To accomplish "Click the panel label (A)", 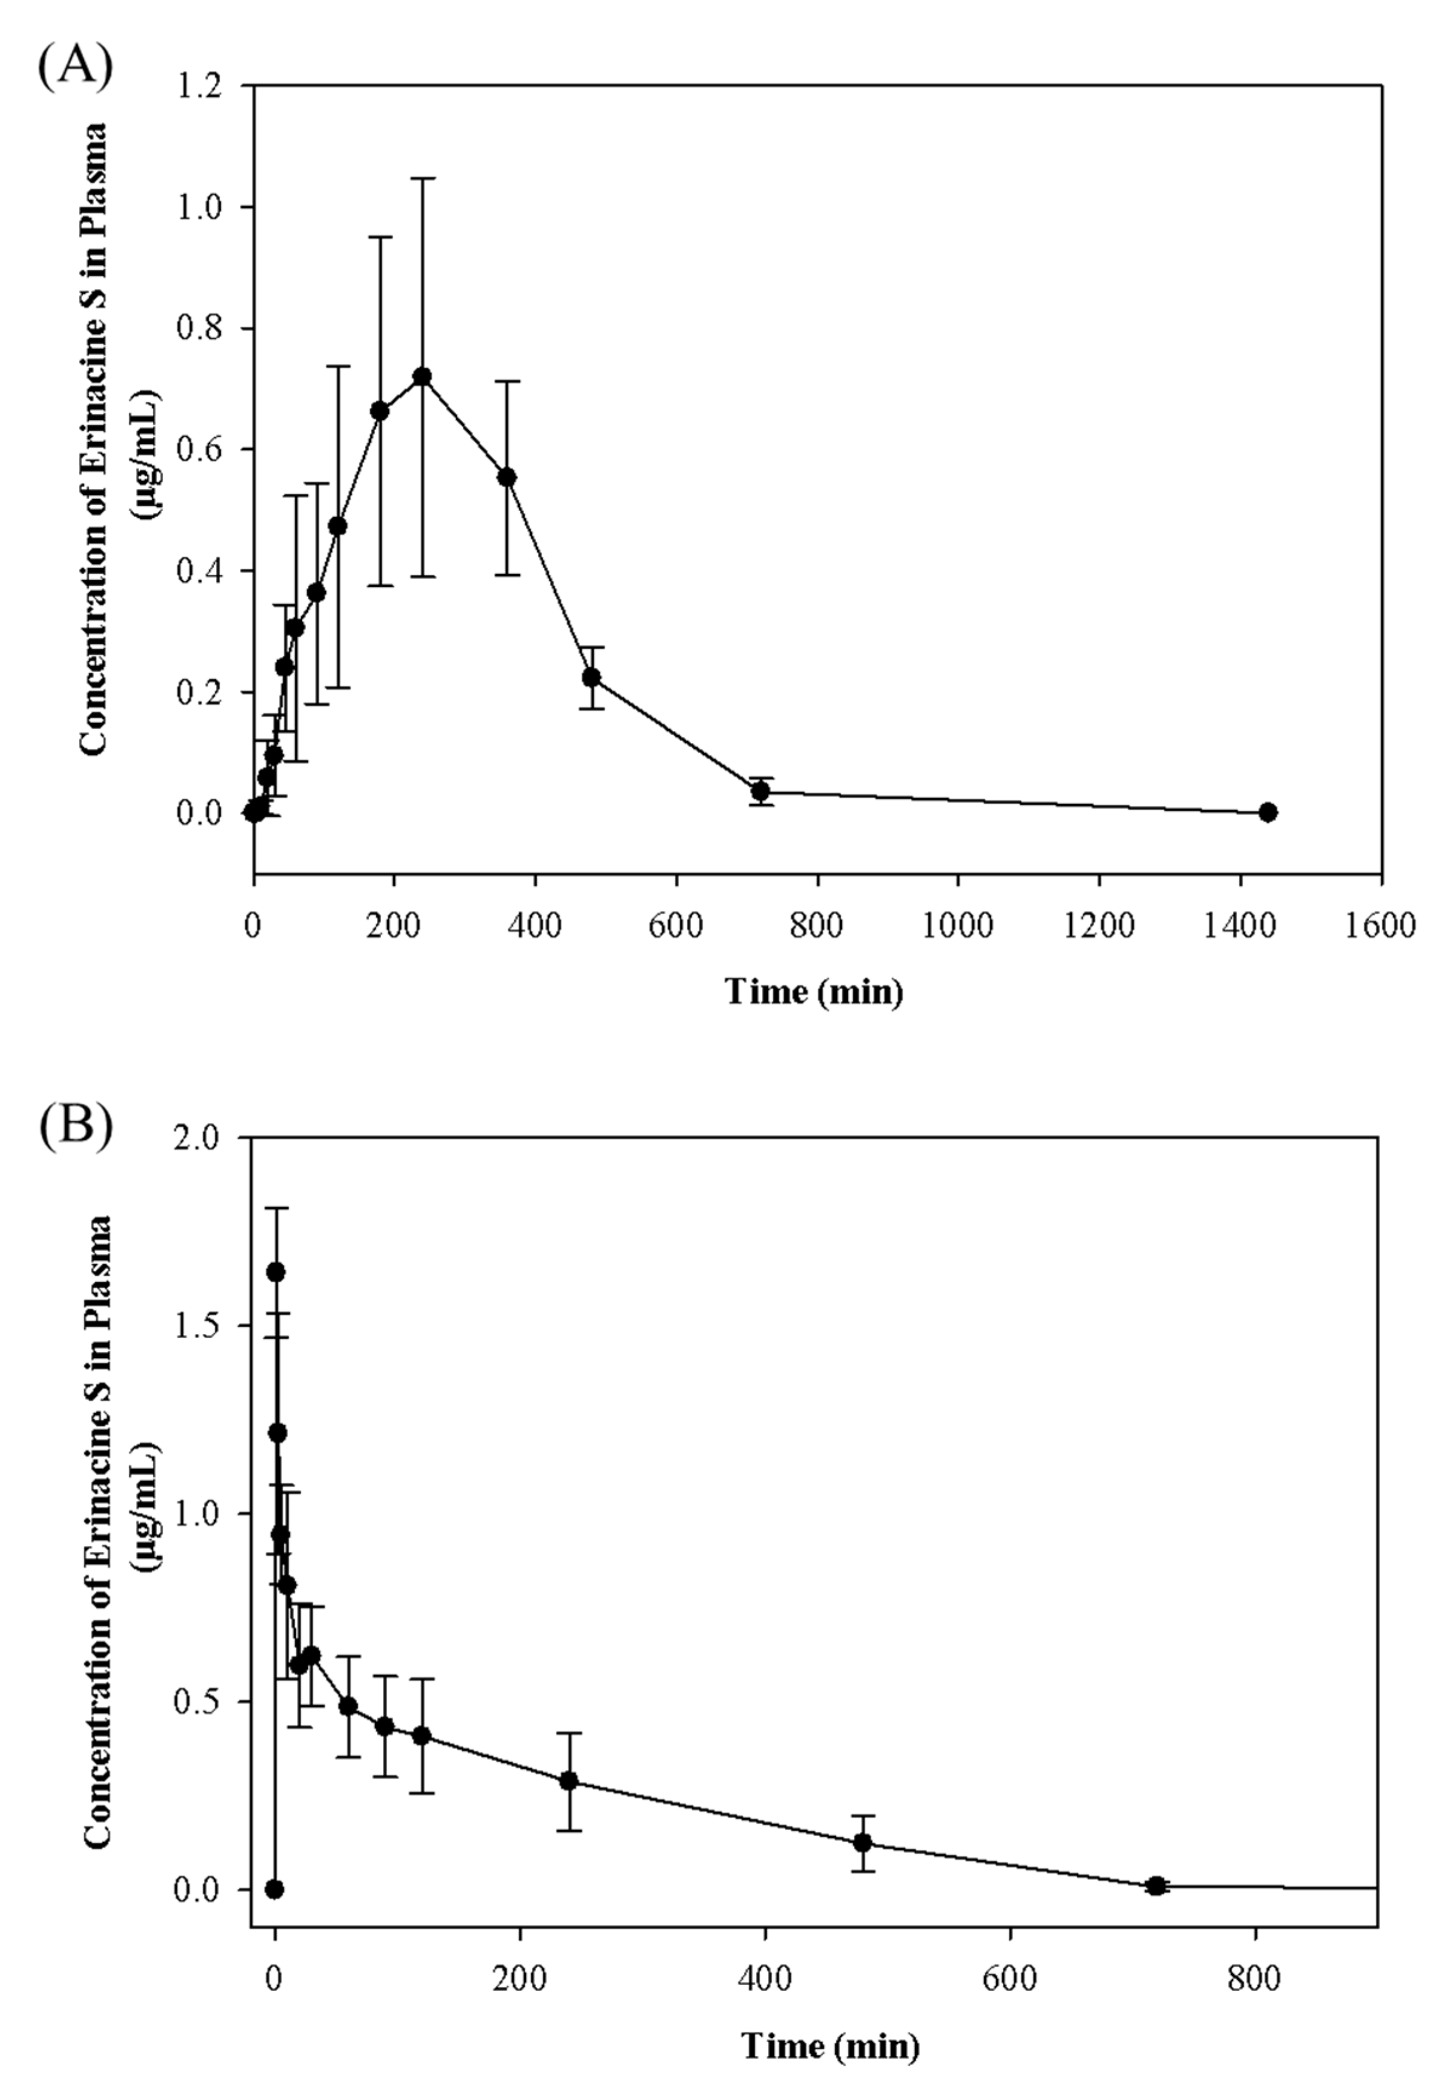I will (x=75, y=65).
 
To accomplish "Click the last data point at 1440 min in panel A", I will (x=1268, y=812).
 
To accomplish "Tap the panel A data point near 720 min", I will (x=760, y=791).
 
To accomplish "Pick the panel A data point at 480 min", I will (x=591, y=677).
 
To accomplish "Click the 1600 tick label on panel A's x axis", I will (x=1380, y=926).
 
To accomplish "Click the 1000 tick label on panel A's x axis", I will (x=958, y=926).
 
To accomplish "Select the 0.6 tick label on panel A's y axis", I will (x=201, y=450).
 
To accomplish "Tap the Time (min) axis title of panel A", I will (x=814, y=992).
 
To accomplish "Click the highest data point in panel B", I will (x=276, y=1272).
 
